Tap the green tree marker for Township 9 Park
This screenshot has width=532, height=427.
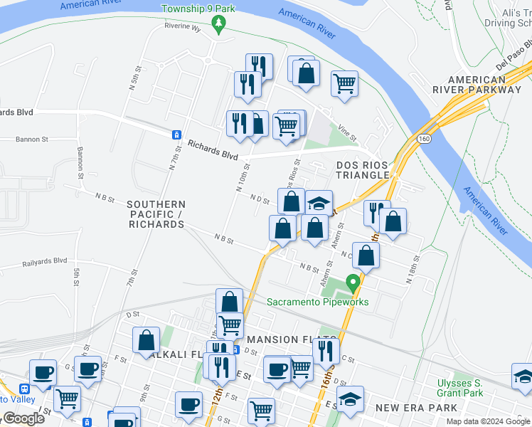[220, 26]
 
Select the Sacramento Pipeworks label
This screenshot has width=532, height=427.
[318, 302]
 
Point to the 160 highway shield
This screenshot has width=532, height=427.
[425, 137]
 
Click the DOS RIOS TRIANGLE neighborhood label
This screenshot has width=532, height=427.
[363, 169]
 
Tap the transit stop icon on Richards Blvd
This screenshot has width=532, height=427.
[175, 135]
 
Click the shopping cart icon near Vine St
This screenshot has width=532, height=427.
[344, 83]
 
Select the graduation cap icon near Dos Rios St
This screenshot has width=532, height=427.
[320, 202]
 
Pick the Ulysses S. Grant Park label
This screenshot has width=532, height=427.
[460, 388]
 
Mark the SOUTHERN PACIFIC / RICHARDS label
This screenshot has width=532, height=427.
[156, 213]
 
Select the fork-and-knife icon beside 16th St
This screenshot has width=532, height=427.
[326, 351]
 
